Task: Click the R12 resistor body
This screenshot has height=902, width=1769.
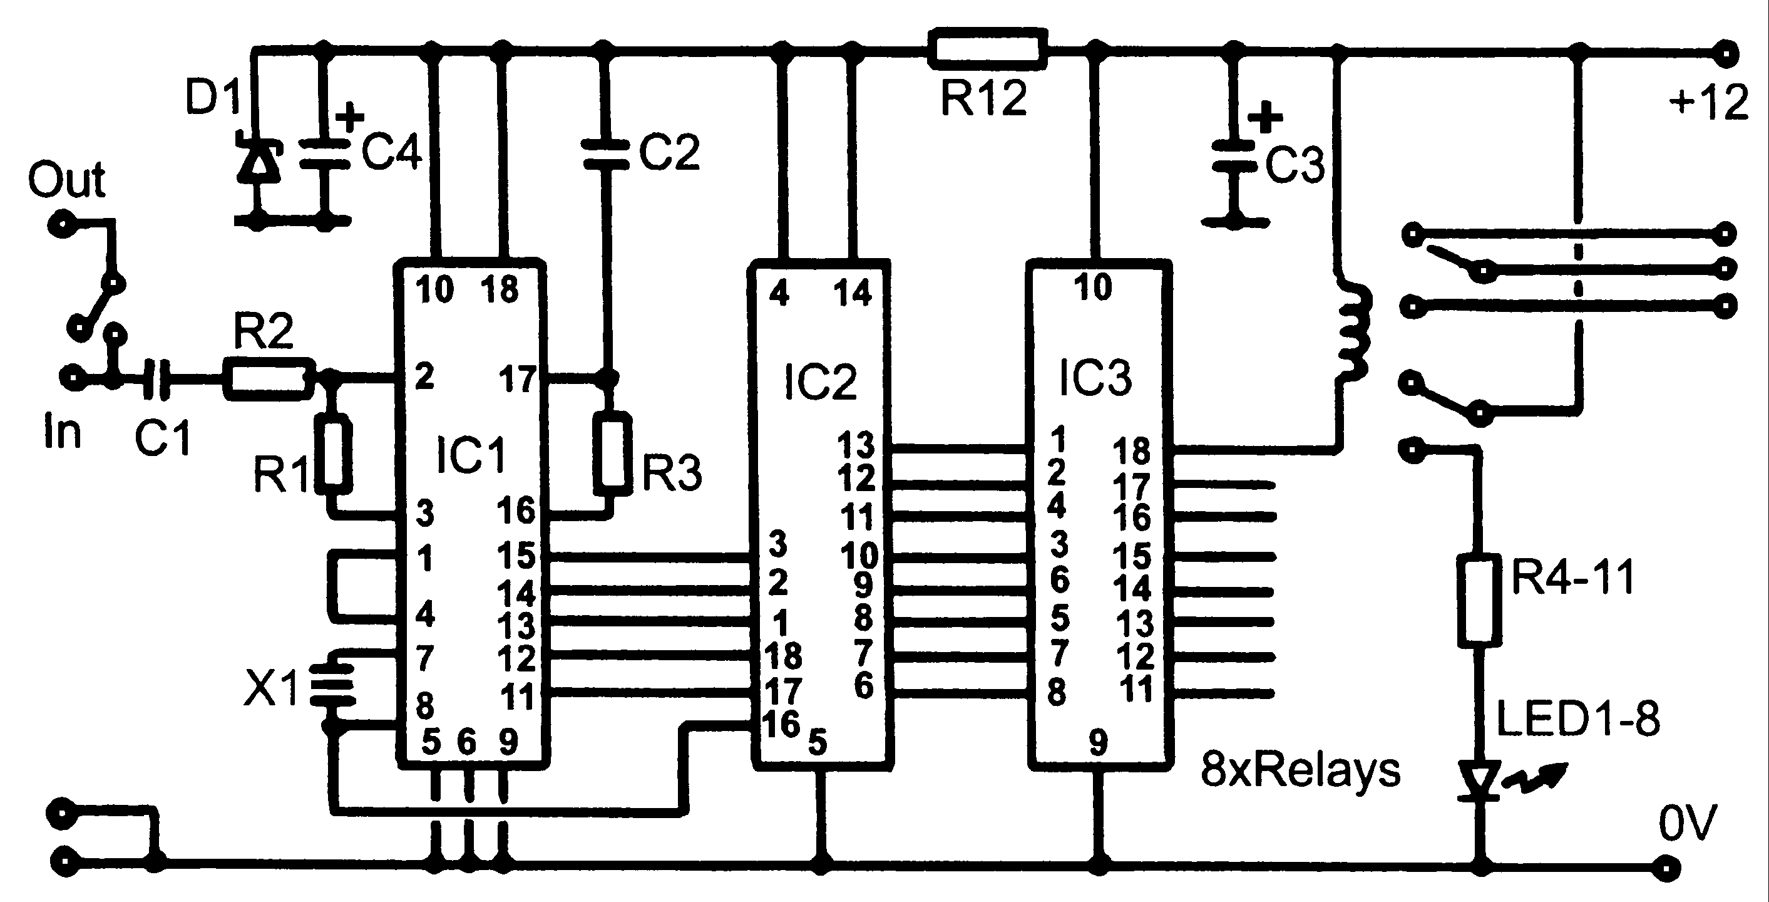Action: tap(988, 49)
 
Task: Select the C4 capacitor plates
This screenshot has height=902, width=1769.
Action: tap(325, 155)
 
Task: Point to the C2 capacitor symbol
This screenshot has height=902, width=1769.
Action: tap(604, 154)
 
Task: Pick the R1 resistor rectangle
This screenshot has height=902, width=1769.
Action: tap(334, 454)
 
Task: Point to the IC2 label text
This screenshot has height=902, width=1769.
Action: tap(820, 382)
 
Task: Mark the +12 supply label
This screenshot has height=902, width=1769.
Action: tap(1708, 103)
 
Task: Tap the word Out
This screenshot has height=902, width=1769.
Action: tap(66, 180)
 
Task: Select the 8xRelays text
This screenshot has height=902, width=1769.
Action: tap(1300, 770)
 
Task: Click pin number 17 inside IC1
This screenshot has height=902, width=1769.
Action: tap(516, 378)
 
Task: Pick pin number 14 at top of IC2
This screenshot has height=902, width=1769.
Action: tap(852, 293)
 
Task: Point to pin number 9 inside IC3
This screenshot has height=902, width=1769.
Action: tap(1098, 742)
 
